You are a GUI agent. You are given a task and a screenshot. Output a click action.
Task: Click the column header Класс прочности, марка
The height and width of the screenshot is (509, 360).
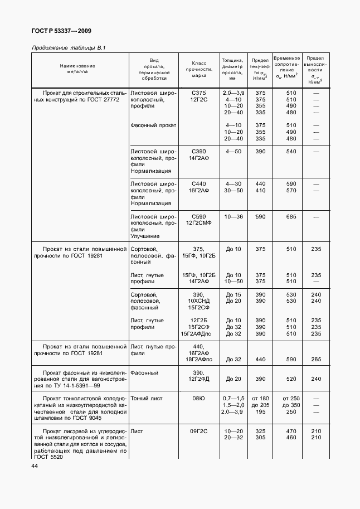point(199,69)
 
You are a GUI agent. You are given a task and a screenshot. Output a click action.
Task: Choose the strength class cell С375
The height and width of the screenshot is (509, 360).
point(198,92)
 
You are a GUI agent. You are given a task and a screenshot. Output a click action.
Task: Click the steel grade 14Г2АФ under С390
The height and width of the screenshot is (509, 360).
point(198,159)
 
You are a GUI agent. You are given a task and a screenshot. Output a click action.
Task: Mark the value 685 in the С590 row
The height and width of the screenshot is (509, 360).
point(291,216)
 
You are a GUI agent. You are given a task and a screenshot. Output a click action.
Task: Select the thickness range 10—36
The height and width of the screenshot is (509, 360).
point(233,216)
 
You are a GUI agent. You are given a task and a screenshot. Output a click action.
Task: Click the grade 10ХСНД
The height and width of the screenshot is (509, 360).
point(198,301)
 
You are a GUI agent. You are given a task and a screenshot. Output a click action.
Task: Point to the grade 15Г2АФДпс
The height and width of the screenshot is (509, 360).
point(198,333)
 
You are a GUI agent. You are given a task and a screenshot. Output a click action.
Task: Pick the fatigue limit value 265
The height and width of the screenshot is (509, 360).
point(316,360)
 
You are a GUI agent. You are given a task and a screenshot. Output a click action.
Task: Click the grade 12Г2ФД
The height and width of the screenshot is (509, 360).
point(198,379)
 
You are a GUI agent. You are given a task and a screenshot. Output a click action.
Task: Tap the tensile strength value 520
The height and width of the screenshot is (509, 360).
point(291,379)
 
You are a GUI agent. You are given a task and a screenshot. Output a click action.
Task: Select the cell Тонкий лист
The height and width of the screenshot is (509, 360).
point(146,399)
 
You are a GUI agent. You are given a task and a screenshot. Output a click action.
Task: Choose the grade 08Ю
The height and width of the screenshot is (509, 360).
point(198,399)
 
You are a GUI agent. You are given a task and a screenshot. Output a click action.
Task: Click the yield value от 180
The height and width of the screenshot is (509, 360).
point(260,399)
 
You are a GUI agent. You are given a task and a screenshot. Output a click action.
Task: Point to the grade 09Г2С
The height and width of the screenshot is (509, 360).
point(198,432)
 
